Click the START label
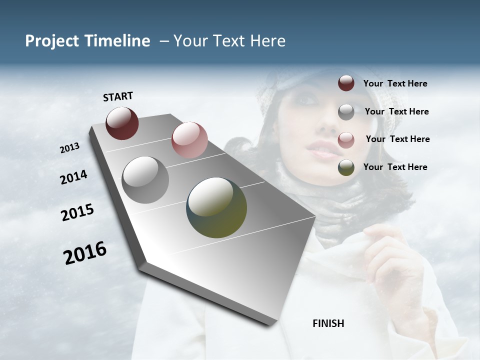(118, 96)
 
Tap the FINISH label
(328, 323)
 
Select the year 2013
(70, 148)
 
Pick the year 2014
(74, 177)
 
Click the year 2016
(85, 253)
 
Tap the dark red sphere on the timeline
(122, 123)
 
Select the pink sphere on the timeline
(189, 139)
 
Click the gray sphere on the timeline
(145, 179)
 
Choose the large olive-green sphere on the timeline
(216, 207)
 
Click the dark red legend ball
(346, 83)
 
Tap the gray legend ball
(346, 111)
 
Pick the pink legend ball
(346, 139)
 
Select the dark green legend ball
(346, 167)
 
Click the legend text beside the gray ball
(396, 111)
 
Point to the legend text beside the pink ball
(397, 139)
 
